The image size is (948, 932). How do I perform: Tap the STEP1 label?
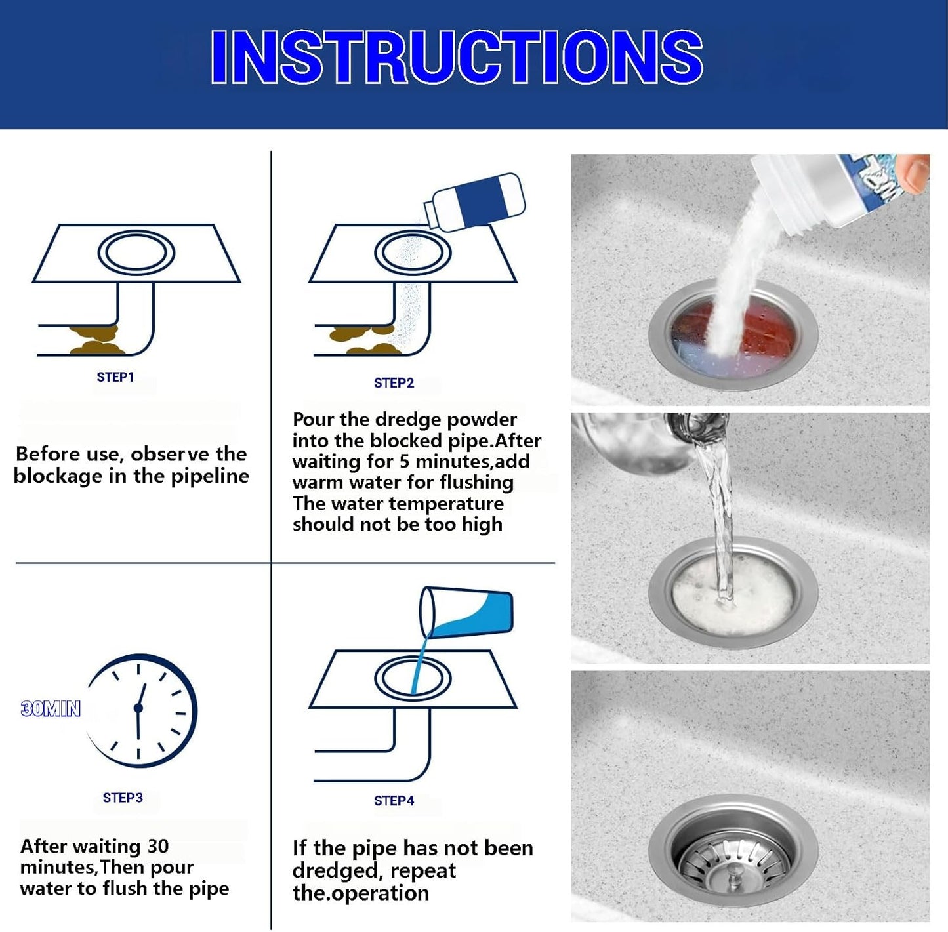[115, 377]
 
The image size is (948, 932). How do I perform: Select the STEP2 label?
[394, 383]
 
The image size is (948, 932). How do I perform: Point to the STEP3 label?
[123, 798]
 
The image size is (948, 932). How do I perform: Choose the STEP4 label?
[394, 801]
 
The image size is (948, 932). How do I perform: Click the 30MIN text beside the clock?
[51, 709]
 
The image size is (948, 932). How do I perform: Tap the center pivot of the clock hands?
[138, 708]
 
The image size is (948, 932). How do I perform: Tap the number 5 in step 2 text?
[404, 462]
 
